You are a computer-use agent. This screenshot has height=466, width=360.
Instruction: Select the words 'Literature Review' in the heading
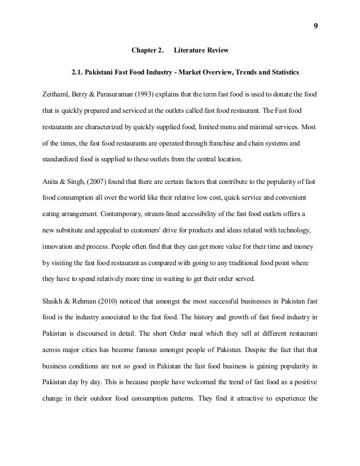(201, 51)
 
